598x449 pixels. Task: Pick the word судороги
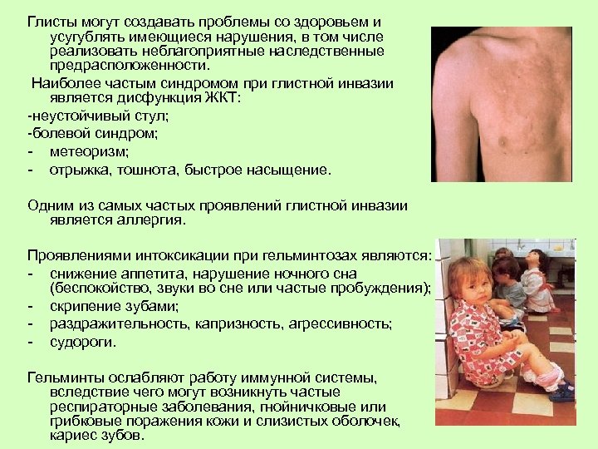pyautogui.click(x=82, y=341)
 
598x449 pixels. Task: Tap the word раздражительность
pyautogui.click(x=112, y=323)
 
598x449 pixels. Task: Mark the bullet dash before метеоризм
pyautogui.click(x=31, y=152)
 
